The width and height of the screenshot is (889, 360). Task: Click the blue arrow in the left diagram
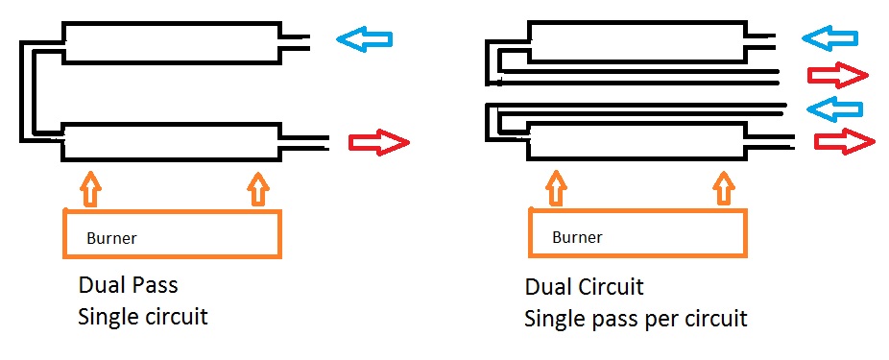click(x=364, y=39)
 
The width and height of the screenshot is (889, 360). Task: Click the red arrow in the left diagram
click(x=378, y=142)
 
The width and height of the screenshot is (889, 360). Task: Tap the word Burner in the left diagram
click(x=111, y=238)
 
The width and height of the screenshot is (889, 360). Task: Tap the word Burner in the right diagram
click(x=577, y=236)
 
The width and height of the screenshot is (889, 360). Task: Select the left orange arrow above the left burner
click(x=90, y=190)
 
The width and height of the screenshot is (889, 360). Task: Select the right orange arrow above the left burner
click(x=258, y=189)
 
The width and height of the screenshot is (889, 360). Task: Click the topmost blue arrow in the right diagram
click(x=829, y=38)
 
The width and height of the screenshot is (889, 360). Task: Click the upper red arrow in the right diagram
click(x=837, y=76)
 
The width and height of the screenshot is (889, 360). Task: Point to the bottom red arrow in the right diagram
click(x=845, y=140)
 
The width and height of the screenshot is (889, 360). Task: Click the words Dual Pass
click(x=128, y=284)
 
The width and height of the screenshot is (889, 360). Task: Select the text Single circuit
click(x=143, y=317)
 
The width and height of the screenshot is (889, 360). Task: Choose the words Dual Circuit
click(x=585, y=287)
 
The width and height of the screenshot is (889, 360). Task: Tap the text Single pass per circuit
click(x=636, y=319)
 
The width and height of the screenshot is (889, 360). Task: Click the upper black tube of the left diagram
click(x=171, y=42)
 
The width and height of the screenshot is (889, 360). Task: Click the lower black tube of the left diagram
click(x=171, y=141)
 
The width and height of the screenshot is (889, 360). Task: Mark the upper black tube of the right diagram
click(x=637, y=41)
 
